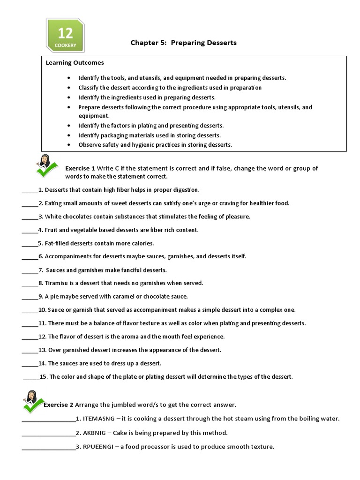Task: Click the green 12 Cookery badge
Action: tap(65, 36)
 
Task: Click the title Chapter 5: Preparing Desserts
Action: tap(183, 43)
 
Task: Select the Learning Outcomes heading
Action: tap(75, 62)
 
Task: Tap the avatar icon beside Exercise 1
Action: tap(45, 165)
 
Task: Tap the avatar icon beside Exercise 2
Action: tap(32, 401)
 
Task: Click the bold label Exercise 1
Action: tap(80, 168)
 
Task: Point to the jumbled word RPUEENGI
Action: tap(98, 447)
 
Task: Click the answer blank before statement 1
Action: tap(29, 190)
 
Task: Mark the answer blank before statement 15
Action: tap(31, 377)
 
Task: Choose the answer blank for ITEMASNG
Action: tap(48, 420)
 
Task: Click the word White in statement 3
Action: tap(53, 217)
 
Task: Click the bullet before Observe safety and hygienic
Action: tap(69, 145)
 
